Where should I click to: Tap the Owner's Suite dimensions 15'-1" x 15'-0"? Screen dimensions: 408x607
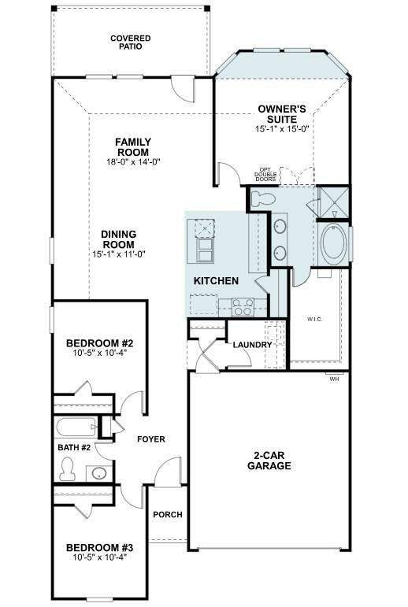tap(282, 129)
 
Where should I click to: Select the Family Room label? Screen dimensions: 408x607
tap(133, 147)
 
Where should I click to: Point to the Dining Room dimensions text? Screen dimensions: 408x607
tap(119, 254)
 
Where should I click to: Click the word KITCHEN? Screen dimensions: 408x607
tap(216, 280)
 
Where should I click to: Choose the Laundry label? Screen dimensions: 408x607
tap(252, 345)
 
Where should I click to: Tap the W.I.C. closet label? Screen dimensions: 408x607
tap(315, 320)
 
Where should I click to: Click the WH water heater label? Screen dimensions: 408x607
tap(335, 379)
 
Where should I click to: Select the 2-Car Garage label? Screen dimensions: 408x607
tap(269, 461)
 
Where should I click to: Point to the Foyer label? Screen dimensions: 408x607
tap(151, 439)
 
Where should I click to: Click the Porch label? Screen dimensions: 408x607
tap(168, 514)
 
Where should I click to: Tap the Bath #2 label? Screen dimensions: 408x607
tap(74, 447)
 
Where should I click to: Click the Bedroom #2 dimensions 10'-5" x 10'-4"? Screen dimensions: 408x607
tap(100, 353)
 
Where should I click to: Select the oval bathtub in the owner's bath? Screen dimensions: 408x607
tap(334, 245)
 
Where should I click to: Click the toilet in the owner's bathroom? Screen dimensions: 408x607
tap(263, 199)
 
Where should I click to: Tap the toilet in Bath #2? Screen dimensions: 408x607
tap(68, 469)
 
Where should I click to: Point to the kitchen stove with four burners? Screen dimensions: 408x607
tap(243, 307)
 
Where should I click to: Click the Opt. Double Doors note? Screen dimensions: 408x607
tap(265, 175)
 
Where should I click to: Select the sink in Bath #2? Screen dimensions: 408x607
tap(98, 473)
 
